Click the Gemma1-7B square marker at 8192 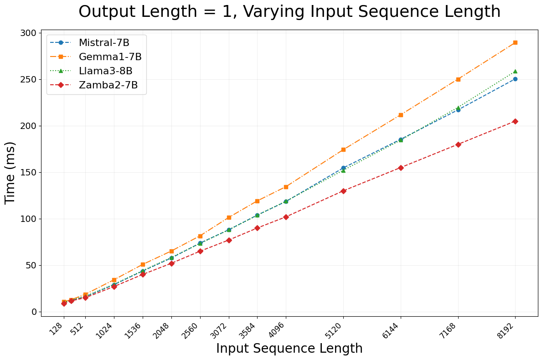click(515, 42)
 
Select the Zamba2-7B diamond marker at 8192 click(515, 121)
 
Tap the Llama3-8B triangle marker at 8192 click(515, 72)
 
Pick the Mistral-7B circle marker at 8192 click(515, 79)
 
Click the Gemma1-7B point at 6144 click(401, 115)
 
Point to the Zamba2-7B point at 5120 click(343, 191)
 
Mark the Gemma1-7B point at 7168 click(458, 79)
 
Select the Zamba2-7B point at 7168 click(458, 144)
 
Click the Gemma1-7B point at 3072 click(229, 217)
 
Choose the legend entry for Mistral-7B click(104, 43)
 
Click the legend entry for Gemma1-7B click(110, 57)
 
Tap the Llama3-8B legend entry click(105, 71)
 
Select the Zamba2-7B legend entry click(108, 85)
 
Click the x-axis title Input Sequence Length click(289, 349)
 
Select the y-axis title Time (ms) click(10, 172)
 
